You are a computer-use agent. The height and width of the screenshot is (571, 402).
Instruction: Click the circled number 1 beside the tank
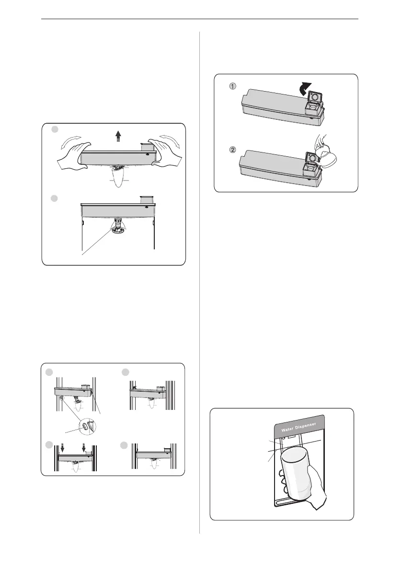tap(232, 87)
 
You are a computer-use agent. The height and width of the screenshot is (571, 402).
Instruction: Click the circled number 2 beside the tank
tap(232, 150)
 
